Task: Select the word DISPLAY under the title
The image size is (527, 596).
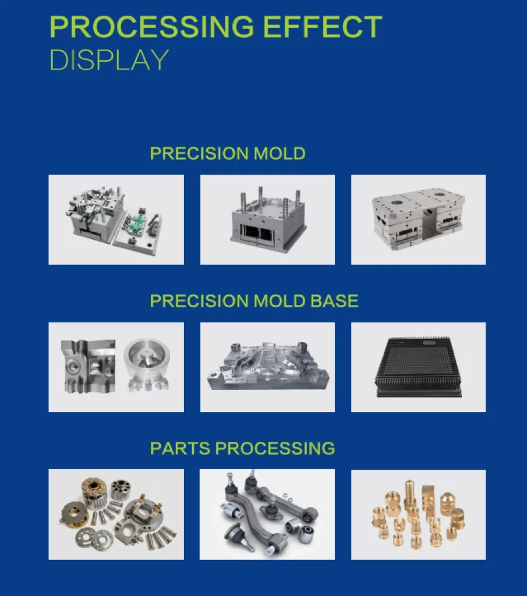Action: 109,60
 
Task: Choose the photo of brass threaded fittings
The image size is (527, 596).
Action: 418,515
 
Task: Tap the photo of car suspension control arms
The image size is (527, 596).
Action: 267,515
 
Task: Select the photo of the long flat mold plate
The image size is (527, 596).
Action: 267,367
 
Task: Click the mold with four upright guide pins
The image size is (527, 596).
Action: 267,221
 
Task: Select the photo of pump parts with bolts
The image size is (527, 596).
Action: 116,515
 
